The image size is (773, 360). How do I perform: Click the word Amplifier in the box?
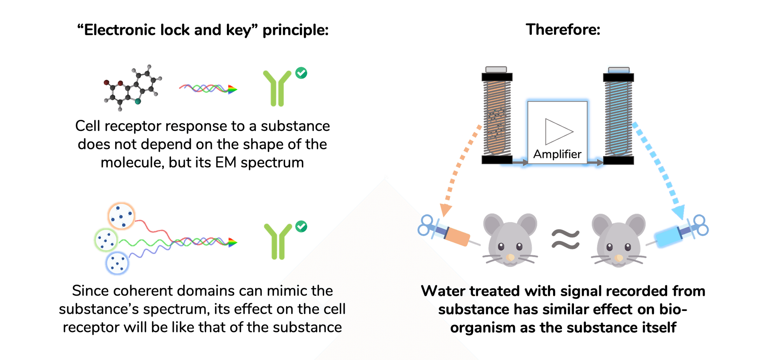(x=557, y=154)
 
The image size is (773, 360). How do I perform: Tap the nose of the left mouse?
(x=510, y=257)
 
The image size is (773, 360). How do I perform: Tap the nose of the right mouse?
(x=618, y=258)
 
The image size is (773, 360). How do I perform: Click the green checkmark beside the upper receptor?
(x=301, y=73)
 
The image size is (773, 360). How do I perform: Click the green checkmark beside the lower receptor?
(x=301, y=226)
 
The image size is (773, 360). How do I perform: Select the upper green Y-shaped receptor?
(x=277, y=88)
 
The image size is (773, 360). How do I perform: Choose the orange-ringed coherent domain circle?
(x=121, y=216)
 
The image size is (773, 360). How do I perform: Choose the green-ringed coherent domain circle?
(x=106, y=240)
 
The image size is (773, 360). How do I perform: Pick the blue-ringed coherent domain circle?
(x=117, y=263)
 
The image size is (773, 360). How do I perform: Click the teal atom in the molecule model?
(x=138, y=101)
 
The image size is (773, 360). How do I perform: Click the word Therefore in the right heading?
(x=563, y=30)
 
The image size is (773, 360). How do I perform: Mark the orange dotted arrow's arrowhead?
(x=446, y=210)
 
